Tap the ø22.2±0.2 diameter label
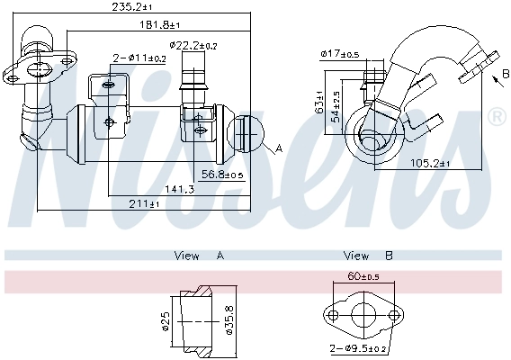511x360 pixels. point(193,44)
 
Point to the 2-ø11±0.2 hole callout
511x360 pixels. point(139,58)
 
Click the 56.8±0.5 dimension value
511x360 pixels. point(222,175)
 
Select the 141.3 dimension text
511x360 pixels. point(179,188)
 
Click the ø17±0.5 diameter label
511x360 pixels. point(340,55)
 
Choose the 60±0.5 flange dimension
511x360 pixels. point(363,276)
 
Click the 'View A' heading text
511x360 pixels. point(199,256)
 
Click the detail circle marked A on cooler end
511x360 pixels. point(249,133)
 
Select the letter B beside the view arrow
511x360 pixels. point(494,78)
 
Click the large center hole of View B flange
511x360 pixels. point(363,316)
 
